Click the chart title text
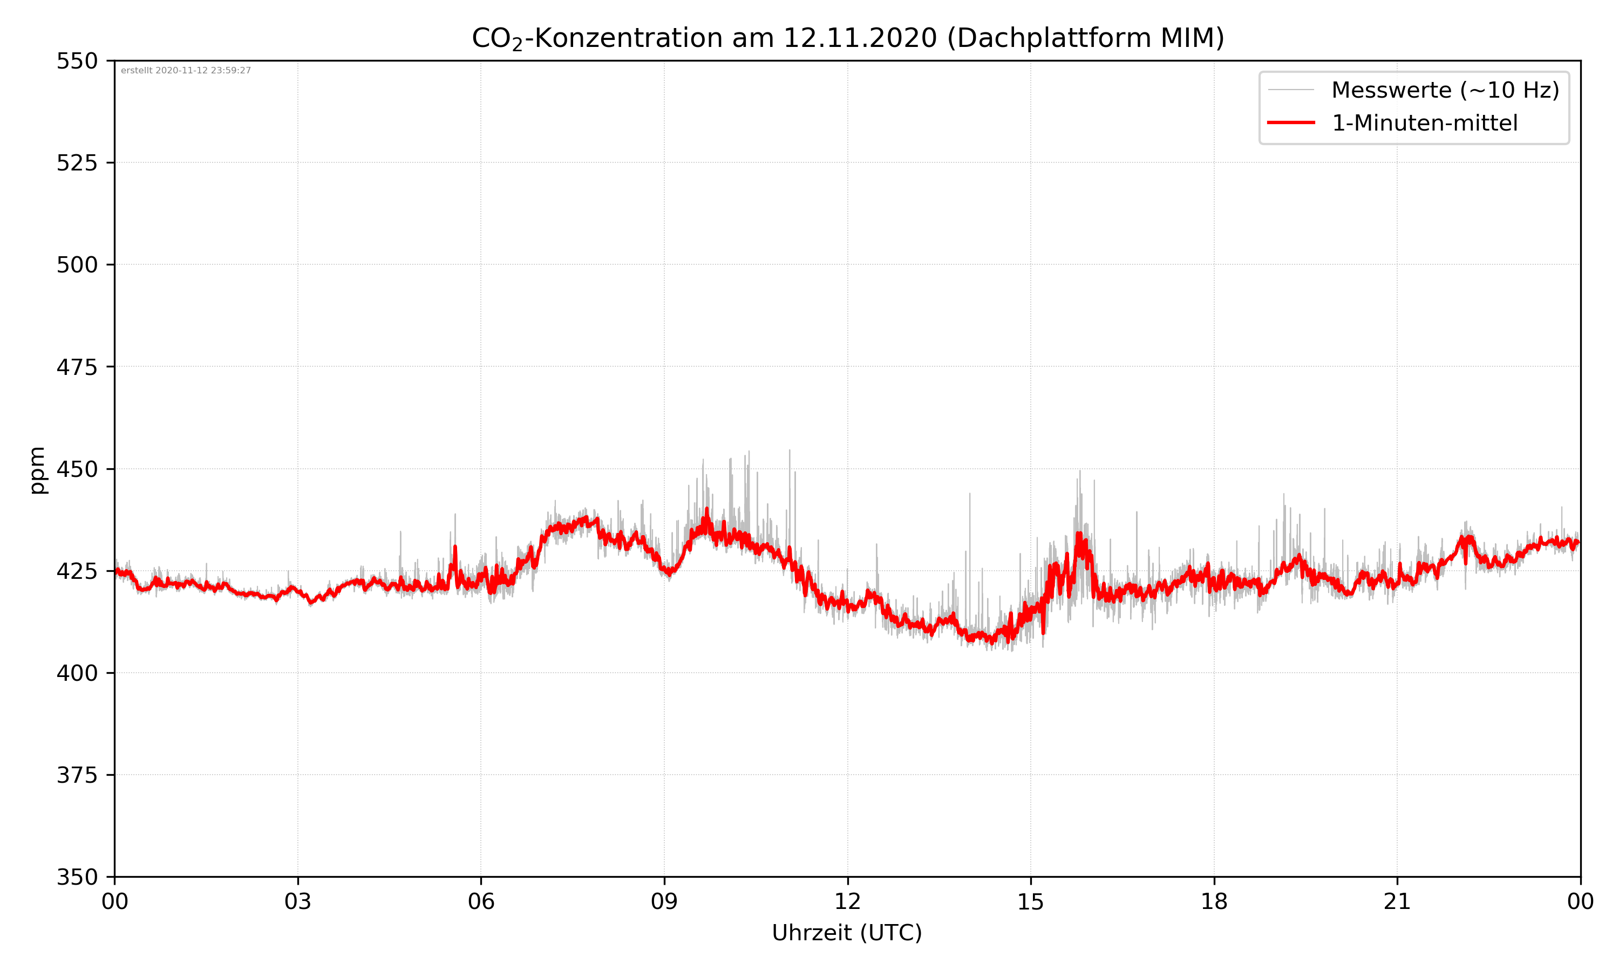tap(847, 38)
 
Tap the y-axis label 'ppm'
tap(37, 470)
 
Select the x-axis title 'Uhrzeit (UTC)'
tap(847, 932)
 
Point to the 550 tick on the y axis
tap(77, 61)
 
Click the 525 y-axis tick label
tap(77, 163)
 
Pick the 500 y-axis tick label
tap(77, 265)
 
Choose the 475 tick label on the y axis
tap(77, 367)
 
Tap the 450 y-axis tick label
tap(77, 469)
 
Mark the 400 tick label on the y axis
tap(77, 673)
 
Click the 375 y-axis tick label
tap(77, 775)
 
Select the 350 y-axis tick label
tap(77, 878)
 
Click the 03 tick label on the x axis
tap(298, 901)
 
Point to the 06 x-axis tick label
tap(481, 901)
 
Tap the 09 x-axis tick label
tap(664, 901)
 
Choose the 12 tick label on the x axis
tap(847, 901)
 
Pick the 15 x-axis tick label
tap(1031, 901)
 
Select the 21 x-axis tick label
tap(1397, 901)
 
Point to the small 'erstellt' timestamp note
tap(186, 71)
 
